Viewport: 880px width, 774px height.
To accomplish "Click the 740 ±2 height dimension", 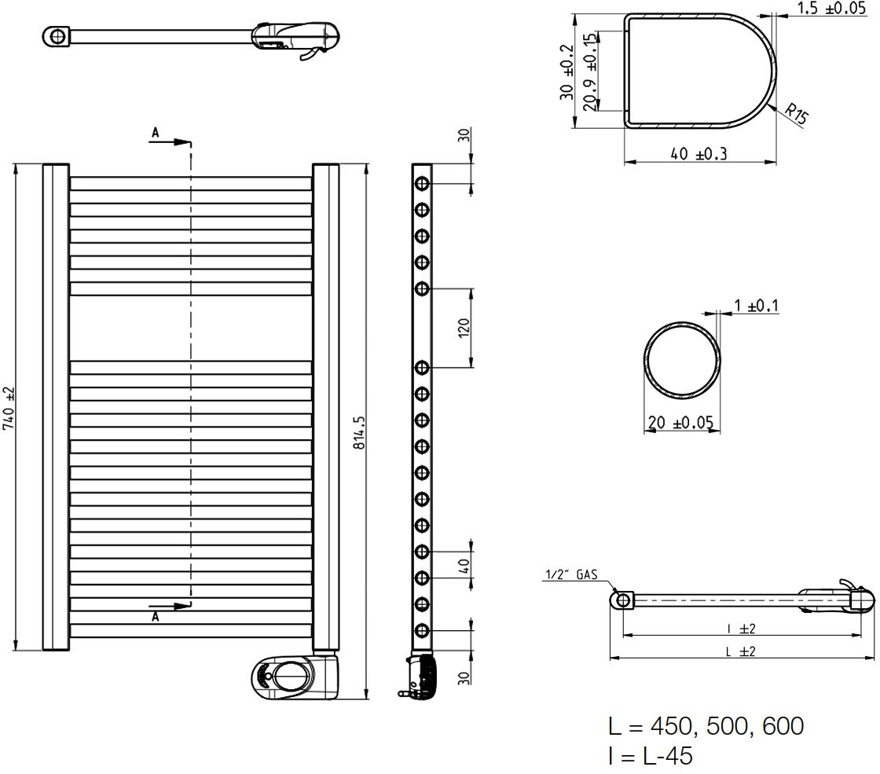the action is (x=9, y=408).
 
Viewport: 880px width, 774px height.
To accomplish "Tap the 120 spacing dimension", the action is (x=464, y=327).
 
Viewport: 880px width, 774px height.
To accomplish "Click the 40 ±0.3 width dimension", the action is (x=698, y=153).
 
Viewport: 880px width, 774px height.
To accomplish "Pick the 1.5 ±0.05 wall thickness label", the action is (x=832, y=8).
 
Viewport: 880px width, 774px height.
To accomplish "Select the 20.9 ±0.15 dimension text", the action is (x=589, y=72).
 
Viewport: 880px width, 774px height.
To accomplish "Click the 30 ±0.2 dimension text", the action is (x=566, y=72).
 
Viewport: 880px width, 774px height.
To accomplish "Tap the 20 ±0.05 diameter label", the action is (x=680, y=422).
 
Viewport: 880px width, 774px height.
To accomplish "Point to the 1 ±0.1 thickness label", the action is (x=757, y=306).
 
